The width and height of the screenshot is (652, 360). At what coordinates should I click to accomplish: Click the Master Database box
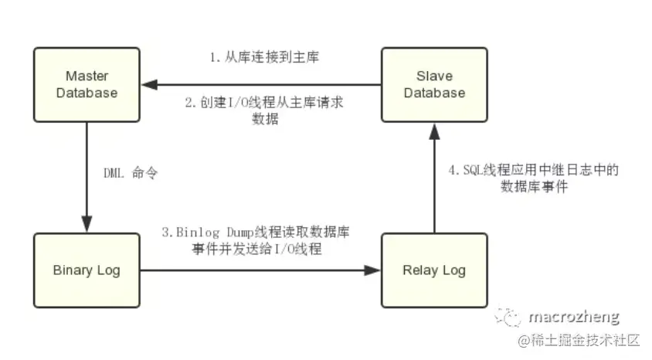(x=86, y=85)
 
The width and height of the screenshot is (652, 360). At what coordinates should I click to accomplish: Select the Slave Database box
(x=435, y=85)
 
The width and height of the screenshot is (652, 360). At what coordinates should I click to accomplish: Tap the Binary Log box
(x=86, y=270)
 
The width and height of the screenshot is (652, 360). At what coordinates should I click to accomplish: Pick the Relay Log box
(x=435, y=270)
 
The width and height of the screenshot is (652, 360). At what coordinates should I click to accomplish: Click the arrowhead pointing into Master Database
(x=145, y=85)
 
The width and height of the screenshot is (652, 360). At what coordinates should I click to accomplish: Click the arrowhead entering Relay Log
(x=375, y=270)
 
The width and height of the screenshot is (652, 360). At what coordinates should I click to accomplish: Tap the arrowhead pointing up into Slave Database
(x=435, y=131)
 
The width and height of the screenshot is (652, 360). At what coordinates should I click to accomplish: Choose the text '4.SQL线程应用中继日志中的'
(x=534, y=170)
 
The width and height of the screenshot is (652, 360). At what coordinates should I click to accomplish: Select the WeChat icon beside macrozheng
(x=510, y=317)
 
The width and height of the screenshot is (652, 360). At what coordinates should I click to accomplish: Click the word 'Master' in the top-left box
(x=86, y=77)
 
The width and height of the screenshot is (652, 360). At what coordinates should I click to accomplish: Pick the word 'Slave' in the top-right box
(x=435, y=77)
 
